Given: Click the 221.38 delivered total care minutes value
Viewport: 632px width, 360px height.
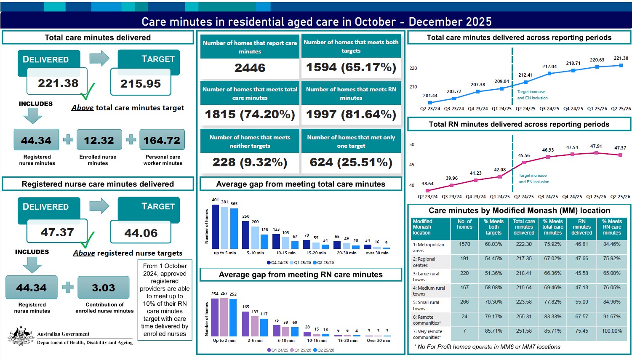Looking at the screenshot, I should click(58, 83).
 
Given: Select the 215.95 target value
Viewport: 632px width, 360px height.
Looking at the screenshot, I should click(141, 84).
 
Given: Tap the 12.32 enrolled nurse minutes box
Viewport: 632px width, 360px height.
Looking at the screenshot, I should click(99, 140).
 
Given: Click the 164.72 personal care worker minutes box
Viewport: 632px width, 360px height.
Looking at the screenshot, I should click(162, 140).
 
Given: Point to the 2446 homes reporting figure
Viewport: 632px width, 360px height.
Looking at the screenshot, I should click(250, 68).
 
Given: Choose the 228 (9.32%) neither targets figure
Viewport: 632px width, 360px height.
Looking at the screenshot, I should click(250, 163).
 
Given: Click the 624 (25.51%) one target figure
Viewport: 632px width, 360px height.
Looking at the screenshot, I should click(351, 163).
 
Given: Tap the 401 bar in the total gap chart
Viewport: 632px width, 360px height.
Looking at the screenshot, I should click(215, 227).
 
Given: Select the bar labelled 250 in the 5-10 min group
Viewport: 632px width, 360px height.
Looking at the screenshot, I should click(246, 235).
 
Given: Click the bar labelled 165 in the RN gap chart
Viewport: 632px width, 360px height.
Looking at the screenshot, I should click(246, 323).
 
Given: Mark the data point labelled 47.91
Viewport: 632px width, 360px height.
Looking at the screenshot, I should click(596, 153).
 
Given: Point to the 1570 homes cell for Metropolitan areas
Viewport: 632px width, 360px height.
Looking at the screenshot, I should click(464, 244).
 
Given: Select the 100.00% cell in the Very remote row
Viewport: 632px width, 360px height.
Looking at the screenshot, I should click(611, 331).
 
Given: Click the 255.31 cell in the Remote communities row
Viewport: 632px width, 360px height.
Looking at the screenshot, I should click(524, 317).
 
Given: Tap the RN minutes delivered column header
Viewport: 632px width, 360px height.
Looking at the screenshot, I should click(581, 227).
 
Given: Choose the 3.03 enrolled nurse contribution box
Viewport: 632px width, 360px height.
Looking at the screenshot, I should click(103, 288).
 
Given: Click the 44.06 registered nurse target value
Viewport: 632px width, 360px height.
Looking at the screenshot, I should click(141, 233).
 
